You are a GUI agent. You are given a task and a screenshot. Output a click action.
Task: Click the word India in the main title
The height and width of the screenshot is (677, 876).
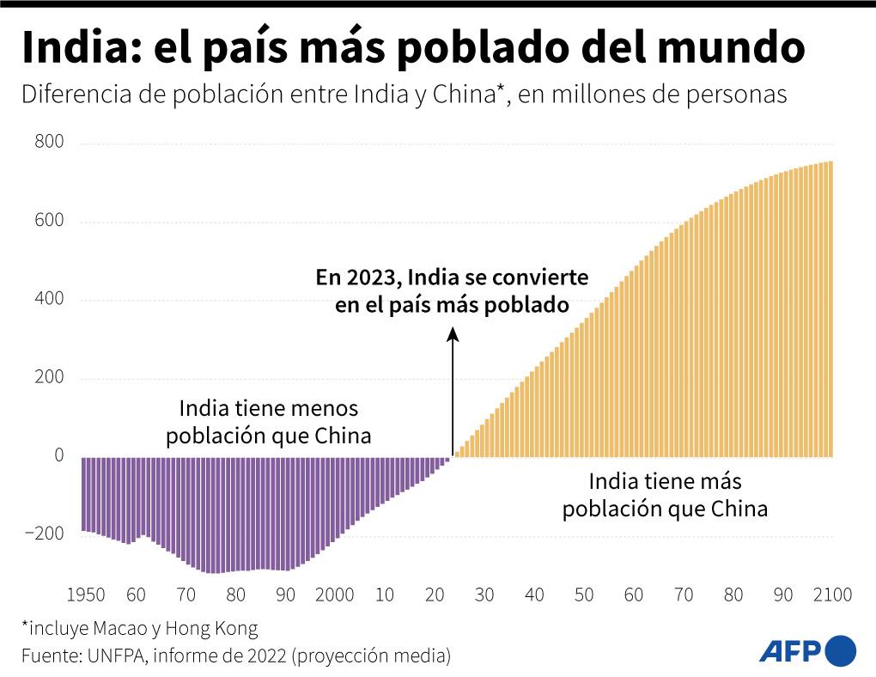[x=72, y=48]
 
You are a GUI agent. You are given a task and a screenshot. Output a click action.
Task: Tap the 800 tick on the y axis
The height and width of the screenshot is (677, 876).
[x=49, y=143]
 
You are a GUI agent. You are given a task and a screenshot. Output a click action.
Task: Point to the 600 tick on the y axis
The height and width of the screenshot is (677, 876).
[x=49, y=222]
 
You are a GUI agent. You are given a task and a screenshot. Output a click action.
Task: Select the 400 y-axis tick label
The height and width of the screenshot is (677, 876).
[x=49, y=300]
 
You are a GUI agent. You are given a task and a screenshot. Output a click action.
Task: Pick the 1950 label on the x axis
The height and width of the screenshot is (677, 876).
[x=85, y=595]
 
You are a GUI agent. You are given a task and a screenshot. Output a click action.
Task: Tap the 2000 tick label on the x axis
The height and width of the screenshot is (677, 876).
[x=334, y=595]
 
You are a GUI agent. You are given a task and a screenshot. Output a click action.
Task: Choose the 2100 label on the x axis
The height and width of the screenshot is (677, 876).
[x=831, y=595]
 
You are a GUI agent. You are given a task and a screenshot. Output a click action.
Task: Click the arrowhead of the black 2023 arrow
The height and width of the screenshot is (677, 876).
[x=453, y=332]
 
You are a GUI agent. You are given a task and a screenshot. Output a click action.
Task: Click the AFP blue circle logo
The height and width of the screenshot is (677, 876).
[x=840, y=650]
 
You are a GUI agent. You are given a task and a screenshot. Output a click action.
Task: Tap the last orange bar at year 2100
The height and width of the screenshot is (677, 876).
[x=830, y=308]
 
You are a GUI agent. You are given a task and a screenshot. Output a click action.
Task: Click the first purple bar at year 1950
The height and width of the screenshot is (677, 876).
[x=83, y=494]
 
